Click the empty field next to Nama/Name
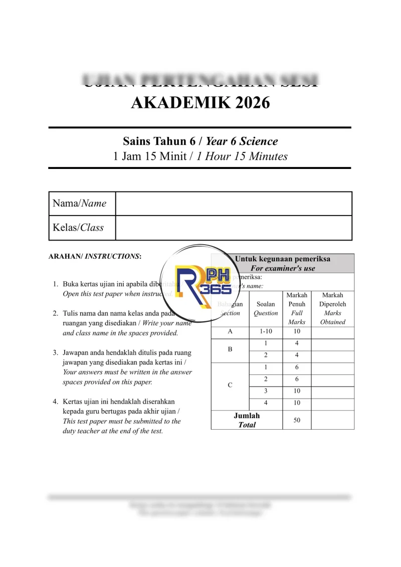coord(234,204)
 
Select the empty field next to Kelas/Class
coord(234,228)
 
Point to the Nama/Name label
coord(80,204)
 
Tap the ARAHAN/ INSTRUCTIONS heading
coord(95,256)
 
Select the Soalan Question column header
coord(266,308)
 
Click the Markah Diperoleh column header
coord(333,308)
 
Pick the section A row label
coord(230,331)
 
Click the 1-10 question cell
coord(266,331)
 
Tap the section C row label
coord(230,385)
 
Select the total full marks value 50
coord(297,420)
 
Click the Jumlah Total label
coord(247,420)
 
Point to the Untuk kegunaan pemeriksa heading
coord(283,259)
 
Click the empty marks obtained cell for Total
coord(333,420)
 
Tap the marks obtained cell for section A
coord(333,331)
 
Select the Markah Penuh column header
coord(297,308)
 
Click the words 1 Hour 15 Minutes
coord(242,156)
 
